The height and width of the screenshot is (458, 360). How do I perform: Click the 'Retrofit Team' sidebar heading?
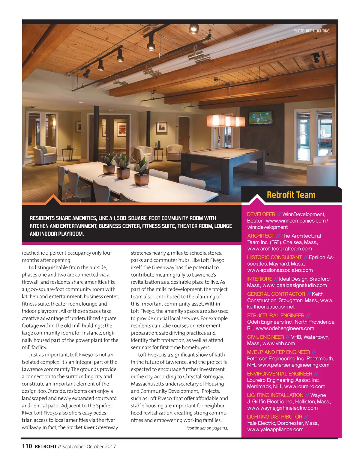[291, 195]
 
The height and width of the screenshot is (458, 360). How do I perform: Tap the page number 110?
[27, 446]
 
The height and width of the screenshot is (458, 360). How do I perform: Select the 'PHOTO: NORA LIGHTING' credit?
[311, 31]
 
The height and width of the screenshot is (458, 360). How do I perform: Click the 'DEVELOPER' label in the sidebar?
[261, 214]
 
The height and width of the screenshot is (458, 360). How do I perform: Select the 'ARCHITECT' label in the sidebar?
[261, 236]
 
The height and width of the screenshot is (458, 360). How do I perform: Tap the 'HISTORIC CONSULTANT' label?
[274, 257]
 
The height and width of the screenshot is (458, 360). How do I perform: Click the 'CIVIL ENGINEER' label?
[265, 337]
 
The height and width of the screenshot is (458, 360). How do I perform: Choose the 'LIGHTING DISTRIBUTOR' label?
[274, 417]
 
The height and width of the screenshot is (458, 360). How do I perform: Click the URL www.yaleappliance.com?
[275, 430]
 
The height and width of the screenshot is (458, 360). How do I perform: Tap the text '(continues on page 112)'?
[207, 428]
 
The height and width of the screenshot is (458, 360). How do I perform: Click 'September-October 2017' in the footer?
[89, 446]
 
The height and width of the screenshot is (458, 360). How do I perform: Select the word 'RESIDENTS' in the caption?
[42, 218]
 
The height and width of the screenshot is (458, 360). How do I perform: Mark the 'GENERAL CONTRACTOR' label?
[276, 294]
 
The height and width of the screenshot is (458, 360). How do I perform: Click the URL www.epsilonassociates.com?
[280, 270]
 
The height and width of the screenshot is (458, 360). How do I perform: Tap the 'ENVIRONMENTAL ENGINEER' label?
[280, 374]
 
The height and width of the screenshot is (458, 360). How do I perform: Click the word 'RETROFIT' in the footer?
[46, 446]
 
